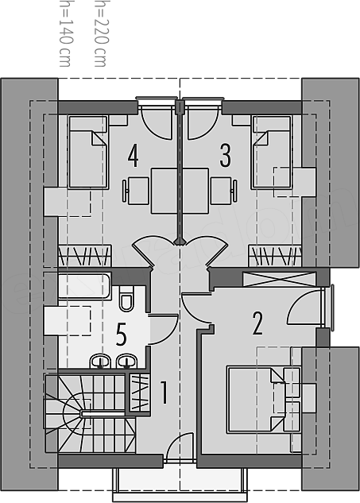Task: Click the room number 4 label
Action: point(134,156)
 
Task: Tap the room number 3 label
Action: point(225,156)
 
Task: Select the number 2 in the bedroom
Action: point(257,323)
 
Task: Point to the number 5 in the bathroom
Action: point(122,335)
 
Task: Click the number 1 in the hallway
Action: point(164,392)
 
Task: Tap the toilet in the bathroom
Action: point(126,298)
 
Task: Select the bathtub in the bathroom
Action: point(84,286)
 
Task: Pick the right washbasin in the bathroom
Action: point(127,361)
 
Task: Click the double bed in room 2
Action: point(256,400)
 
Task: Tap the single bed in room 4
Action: point(88,152)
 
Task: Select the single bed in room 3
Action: point(272,152)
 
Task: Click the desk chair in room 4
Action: point(136,191)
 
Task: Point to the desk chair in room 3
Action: point(224,191)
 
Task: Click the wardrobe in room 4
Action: point(84,256)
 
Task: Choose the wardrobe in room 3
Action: point(275,256)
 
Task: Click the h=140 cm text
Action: point(65,33)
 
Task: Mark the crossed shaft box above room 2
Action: point(278,279)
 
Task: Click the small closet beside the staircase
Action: point(140,392)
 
